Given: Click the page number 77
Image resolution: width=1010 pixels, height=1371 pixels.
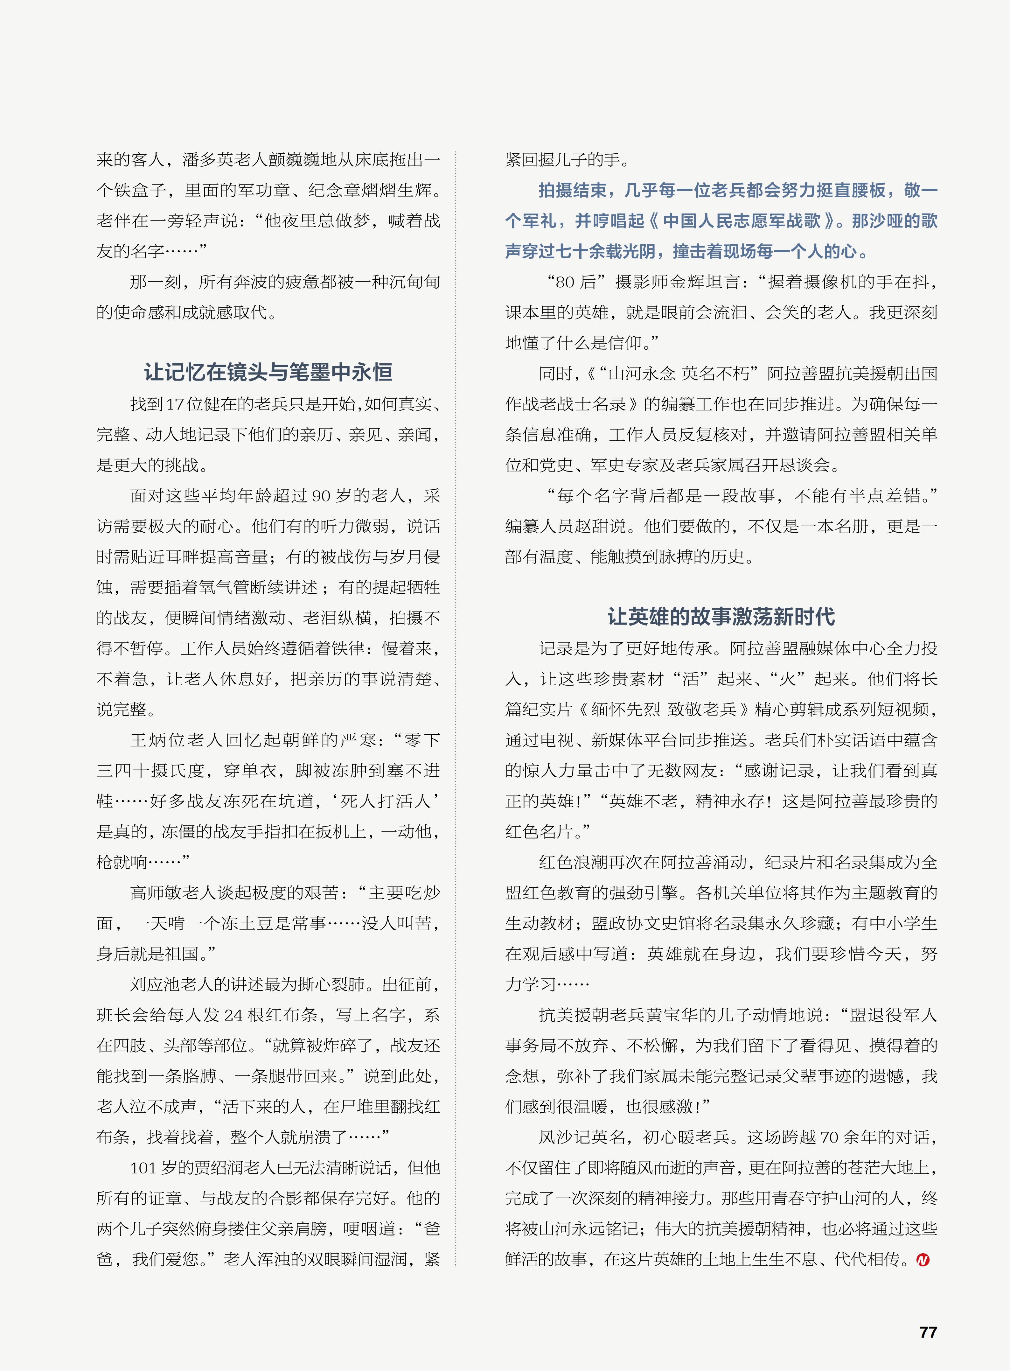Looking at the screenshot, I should point(928,1332).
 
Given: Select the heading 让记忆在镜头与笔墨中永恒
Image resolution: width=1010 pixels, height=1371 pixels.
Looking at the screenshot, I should point(268,372).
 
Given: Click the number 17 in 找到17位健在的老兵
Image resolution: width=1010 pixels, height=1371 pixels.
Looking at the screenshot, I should point(175,404).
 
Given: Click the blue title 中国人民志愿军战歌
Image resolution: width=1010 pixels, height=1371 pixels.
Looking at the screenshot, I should point(741,221).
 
